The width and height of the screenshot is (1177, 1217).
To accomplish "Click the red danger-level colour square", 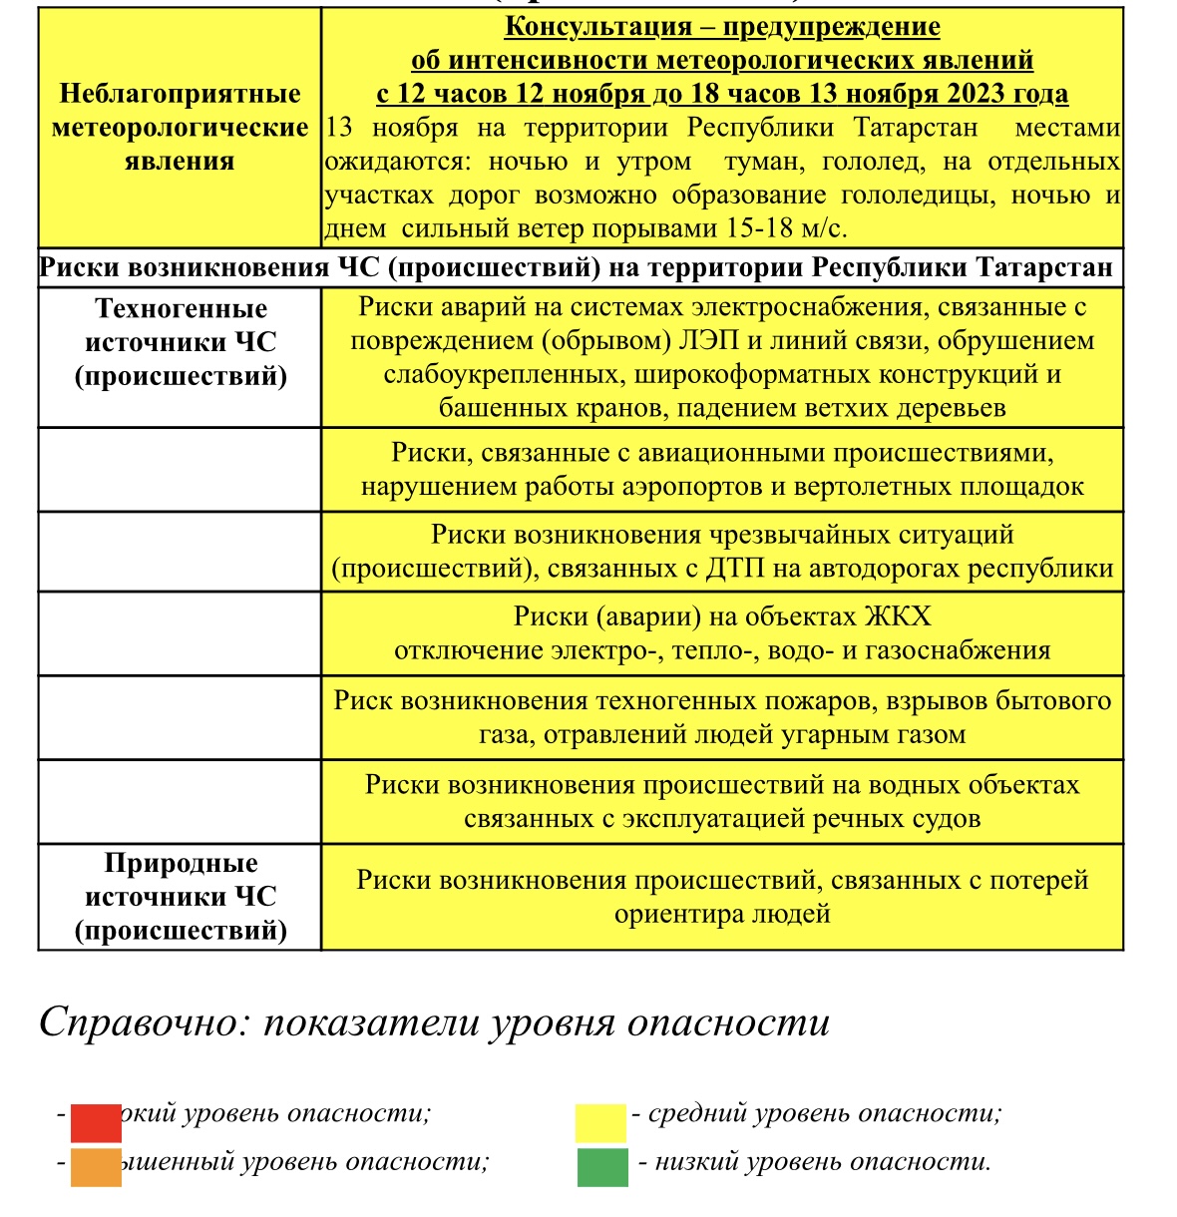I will point(96,1122).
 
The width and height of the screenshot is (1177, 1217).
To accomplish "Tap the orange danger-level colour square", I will point(96,1168).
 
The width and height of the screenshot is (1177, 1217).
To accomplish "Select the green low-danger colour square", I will point(602,1168).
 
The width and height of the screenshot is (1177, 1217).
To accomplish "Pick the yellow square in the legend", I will point(600,1122).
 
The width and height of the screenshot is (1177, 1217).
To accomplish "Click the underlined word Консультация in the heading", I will point(598,27).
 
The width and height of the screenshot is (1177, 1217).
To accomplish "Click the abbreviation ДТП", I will point(736,569).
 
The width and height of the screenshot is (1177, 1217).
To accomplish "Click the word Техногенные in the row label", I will point(181,308).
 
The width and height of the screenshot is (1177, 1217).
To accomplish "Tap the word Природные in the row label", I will point(181,863).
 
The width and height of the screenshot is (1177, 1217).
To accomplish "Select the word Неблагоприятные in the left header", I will point(180,94).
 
